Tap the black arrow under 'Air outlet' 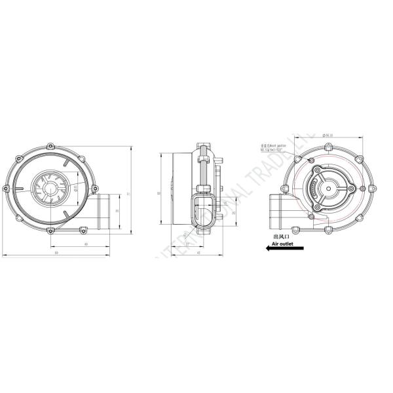[x=270, y=248]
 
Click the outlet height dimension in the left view [x=117, y=210]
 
